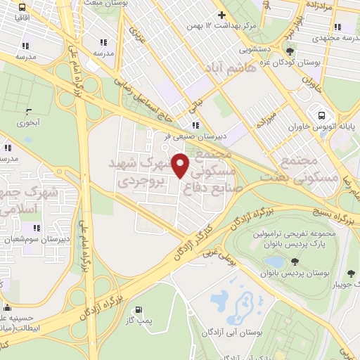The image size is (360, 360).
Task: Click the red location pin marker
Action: [x=181, y=165]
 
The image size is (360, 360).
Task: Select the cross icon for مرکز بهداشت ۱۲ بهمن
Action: [x=222, y=15]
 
